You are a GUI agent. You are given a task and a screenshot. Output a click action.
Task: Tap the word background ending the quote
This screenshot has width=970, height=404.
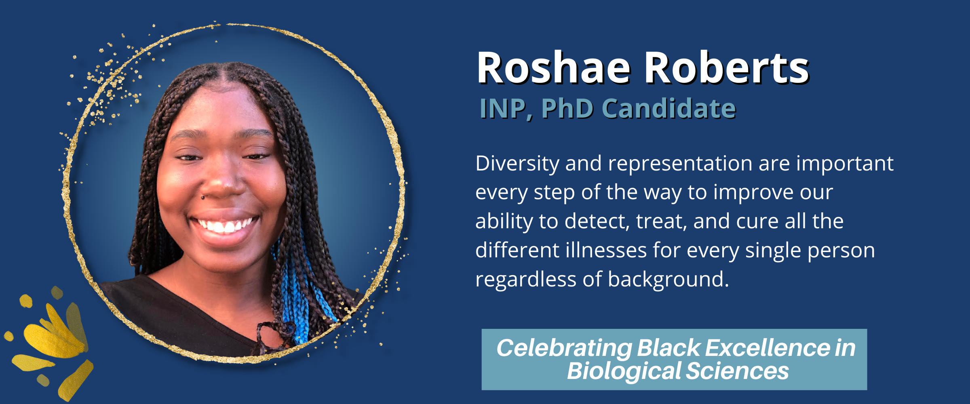pos(668,280)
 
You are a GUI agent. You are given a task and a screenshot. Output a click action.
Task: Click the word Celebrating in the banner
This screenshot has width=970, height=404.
pos(564,349)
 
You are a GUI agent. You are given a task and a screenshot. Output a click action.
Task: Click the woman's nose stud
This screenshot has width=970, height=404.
pos(202,197)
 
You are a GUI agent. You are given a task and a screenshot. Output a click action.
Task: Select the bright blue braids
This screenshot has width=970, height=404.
pos(297,295)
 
